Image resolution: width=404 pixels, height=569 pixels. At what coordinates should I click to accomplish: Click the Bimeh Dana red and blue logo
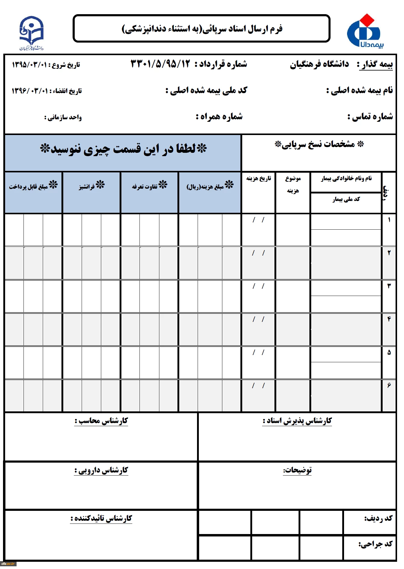(365, 31)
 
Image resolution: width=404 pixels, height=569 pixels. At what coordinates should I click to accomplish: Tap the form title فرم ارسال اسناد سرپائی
(202, 29)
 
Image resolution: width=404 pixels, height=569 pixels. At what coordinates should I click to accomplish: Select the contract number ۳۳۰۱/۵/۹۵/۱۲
(161, 64)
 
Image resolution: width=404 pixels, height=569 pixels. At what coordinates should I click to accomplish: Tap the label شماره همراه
(219, 117)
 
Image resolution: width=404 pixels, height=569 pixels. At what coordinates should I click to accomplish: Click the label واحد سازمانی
(63, 117)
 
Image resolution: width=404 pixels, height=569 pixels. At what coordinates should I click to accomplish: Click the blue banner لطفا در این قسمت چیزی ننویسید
(123, 149)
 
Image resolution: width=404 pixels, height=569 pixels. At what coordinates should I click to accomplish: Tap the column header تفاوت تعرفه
(149, 186)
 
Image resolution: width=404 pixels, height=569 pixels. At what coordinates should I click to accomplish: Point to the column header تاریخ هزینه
(258, 179)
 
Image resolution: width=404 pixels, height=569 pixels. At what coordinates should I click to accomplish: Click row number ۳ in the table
(389, 286)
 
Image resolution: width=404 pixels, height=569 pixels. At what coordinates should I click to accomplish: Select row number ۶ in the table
(389, 385)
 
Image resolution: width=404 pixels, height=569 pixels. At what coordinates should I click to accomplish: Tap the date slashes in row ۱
(258, 220)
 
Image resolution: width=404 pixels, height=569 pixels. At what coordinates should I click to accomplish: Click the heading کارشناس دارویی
(101, 470)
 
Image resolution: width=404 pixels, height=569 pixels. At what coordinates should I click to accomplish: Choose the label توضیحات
(297, 470)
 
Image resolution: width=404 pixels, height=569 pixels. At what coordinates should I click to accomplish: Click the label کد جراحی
(375, 544)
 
